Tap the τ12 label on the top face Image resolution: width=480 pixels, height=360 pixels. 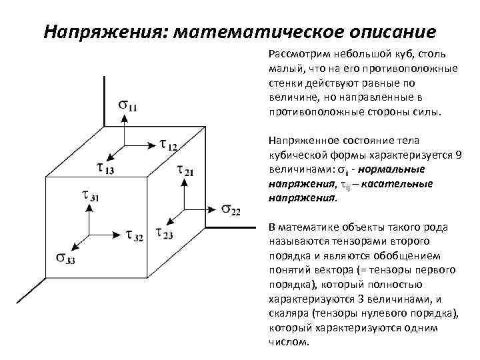[169, 145]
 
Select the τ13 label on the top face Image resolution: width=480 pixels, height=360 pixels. [105, 169]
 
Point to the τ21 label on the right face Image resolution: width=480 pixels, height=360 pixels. [185, 171]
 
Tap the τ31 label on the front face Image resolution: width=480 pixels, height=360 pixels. [90, 196]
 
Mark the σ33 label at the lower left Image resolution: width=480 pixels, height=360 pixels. [66, 259]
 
